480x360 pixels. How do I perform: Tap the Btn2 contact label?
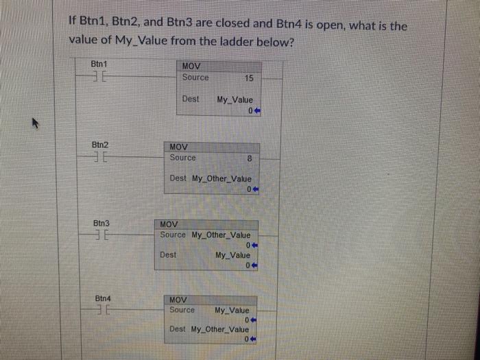(101, 145)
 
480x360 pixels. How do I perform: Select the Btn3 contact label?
(102, 224)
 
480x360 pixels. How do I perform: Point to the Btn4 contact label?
(104, 298)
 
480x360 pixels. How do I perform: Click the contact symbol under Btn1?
(99, 77)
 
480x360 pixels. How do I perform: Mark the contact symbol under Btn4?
(104, 311)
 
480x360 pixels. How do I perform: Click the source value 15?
(249, 78)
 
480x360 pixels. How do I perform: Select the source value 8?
(250, 158)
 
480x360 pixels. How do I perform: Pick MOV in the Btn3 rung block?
(169, 224)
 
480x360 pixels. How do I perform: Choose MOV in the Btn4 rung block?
(177, 300)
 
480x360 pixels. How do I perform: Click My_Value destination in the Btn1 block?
(235, 100)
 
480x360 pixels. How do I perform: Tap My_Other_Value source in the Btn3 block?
(220, 235)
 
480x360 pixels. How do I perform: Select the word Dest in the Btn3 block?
(168, 254)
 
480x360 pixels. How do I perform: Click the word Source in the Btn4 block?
(182, 310)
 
